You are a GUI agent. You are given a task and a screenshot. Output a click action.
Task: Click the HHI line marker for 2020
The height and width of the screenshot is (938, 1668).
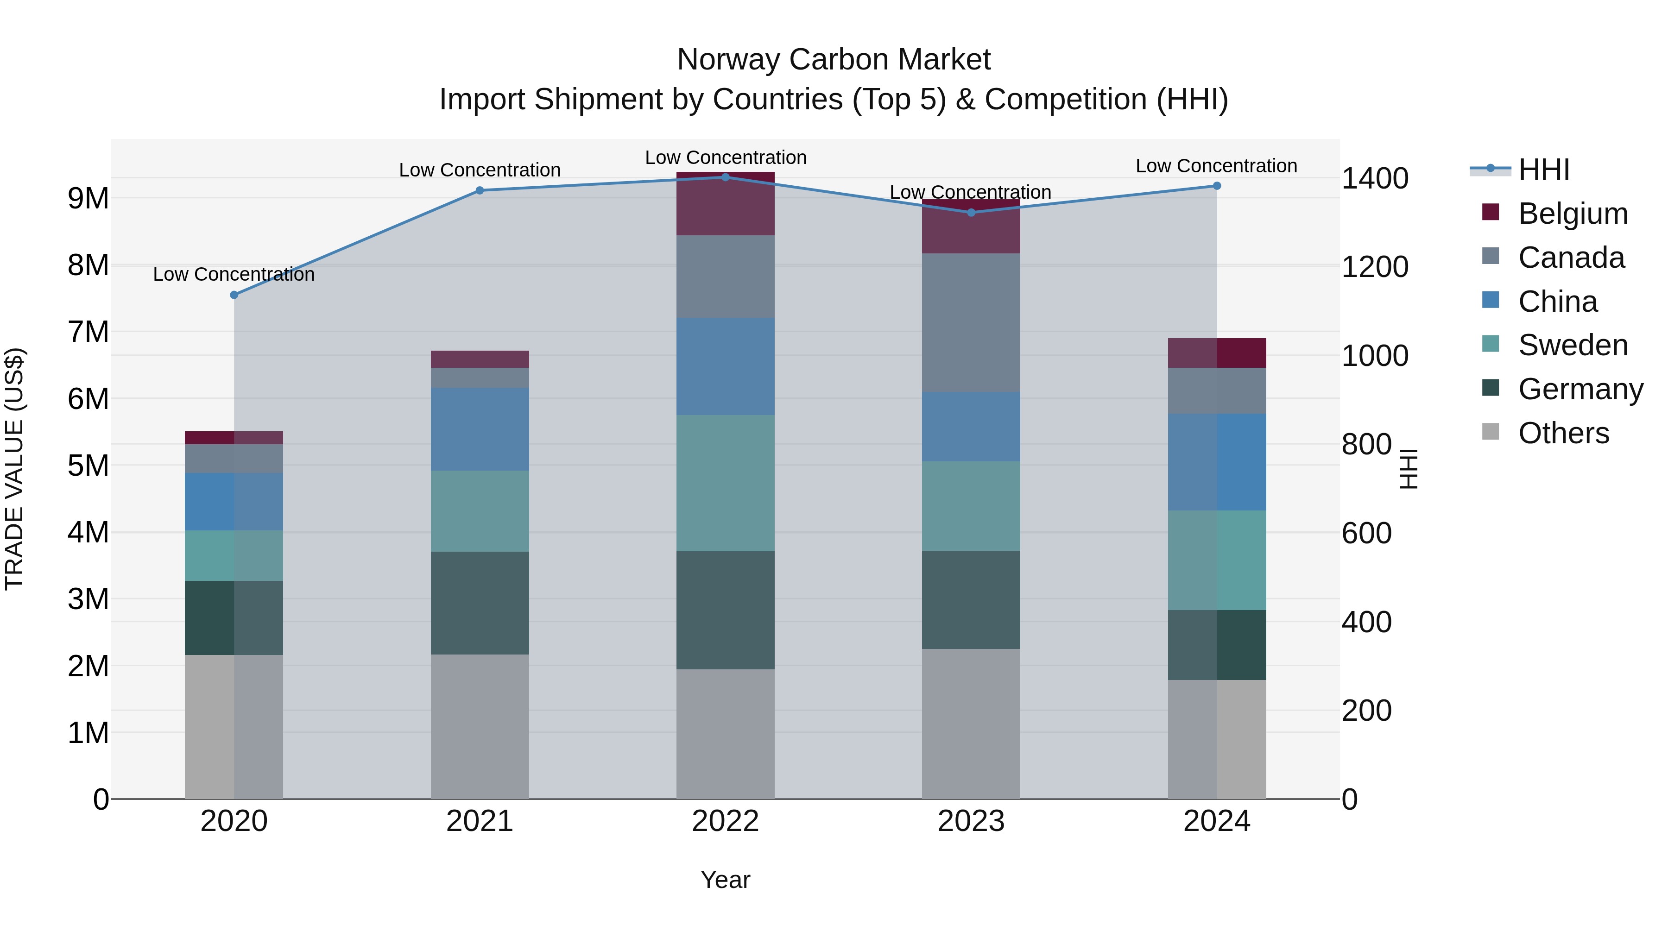(x=234, y=295)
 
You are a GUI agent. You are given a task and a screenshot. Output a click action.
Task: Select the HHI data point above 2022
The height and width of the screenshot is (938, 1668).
(x=725, y=177)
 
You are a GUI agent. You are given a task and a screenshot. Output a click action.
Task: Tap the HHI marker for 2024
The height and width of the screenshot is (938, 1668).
(x=1217, y=186)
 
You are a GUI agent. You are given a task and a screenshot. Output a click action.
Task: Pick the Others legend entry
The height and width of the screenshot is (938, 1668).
(x=1563, y=433)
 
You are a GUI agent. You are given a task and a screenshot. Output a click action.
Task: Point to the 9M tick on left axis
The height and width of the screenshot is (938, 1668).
(x=88, y=198)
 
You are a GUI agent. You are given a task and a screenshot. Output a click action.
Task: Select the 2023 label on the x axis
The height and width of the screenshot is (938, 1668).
(x=971, y=821)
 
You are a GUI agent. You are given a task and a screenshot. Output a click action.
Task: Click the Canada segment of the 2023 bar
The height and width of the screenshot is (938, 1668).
(x=971, y=322)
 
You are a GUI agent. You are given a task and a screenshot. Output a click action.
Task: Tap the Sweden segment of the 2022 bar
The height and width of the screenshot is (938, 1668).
(x=725, y=483)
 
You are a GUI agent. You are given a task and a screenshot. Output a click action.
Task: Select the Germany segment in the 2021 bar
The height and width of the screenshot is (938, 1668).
(x=480, y=603)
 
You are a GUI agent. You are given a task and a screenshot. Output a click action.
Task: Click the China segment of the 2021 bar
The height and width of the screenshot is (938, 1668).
(x=480, y=429)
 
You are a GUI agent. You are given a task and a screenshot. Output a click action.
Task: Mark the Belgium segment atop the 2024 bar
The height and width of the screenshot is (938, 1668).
(x=1217, y=353)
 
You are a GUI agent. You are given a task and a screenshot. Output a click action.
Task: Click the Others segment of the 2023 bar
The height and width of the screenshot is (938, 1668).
(x=971, y=724)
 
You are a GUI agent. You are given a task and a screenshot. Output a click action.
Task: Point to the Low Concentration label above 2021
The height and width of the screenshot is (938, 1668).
(x=480, y=170)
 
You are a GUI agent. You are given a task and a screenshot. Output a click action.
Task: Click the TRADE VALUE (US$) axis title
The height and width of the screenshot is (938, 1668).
(x=14, y=469)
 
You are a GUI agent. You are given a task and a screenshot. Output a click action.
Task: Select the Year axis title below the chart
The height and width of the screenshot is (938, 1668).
(x=725, y=880)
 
